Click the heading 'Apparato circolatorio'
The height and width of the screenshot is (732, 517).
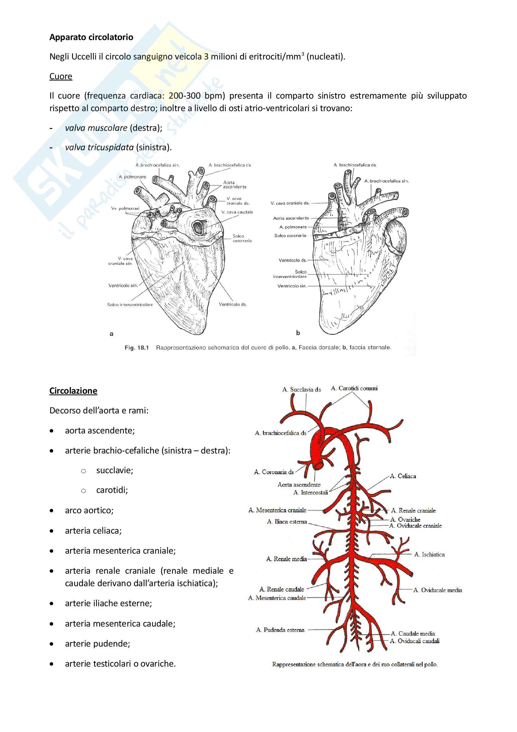pos(91,37)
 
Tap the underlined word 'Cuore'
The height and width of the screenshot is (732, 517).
pos(61,76)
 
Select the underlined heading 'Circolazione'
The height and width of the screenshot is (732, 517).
pos(73,391)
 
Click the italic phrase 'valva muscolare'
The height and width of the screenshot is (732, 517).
pos(96,128)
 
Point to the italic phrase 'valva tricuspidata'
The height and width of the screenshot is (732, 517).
pos(99,147)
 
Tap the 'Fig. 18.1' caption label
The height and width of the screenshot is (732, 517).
pos(137,347)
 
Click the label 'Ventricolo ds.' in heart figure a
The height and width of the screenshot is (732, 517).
pos(232,305)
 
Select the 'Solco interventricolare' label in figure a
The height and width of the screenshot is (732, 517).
pos(130,305)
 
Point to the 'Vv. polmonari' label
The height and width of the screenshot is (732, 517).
pos(125,208)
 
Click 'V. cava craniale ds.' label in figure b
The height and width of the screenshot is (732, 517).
pos(290,203)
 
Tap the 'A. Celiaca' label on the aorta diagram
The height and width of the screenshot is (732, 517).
pos(403,476)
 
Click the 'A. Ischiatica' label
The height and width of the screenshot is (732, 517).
pos(429,555)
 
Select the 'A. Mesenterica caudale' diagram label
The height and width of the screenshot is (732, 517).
pos(277,598)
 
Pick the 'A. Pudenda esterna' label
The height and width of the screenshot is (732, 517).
pos(280,630)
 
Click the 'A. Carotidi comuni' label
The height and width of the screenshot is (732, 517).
pos(354,388)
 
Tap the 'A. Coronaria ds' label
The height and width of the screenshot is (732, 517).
pos(274,472)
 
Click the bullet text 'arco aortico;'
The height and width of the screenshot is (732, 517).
pos(89,510)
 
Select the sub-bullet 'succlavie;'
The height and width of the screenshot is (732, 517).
pos(115,470)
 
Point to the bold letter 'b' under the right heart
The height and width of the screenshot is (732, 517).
pos(298,333)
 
